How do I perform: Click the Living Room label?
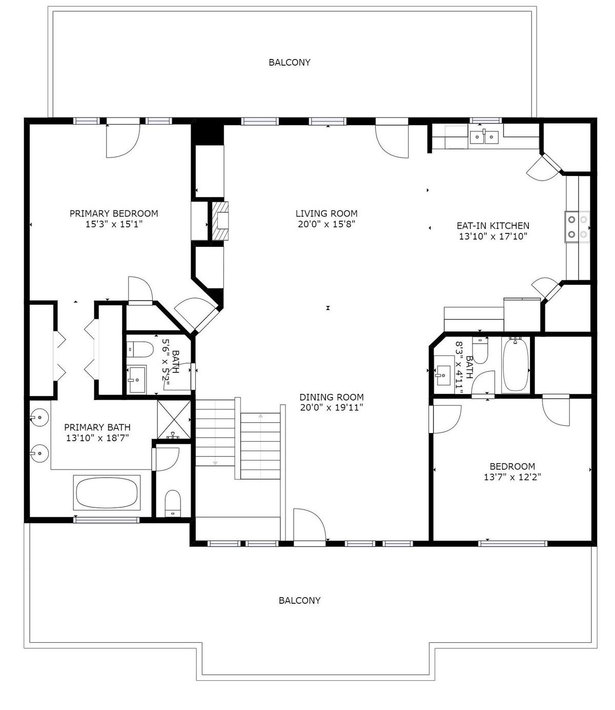326,213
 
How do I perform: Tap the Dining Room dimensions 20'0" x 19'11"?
332,408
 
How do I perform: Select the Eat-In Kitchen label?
493,226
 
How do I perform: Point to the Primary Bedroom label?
114,213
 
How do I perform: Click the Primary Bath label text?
97,427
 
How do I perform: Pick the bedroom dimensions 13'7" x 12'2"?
512,477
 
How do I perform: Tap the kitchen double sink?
484,136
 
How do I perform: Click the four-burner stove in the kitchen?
578,227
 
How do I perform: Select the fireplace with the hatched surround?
220,221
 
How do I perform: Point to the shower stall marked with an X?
174,420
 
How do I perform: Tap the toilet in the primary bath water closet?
173,503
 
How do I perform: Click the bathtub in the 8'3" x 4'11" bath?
516,365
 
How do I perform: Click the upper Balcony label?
290,63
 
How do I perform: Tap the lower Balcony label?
300,600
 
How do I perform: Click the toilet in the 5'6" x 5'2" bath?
140,349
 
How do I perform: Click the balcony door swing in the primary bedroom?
123,141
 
